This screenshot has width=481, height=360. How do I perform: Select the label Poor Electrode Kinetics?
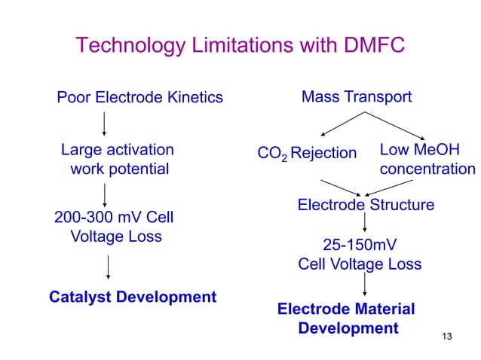point(140,97)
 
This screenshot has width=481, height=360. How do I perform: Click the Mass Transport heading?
point(357,97)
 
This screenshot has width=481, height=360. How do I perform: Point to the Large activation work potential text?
point(118,159)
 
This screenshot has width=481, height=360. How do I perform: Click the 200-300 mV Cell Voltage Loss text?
point(115,227)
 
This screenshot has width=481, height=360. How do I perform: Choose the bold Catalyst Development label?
point(133,296)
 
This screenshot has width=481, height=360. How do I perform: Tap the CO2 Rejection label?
point(307,154)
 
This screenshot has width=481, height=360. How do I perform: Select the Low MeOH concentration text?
point(427,159)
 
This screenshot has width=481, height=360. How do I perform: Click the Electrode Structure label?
point(366,205)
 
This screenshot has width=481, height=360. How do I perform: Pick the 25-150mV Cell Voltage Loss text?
point(360,255)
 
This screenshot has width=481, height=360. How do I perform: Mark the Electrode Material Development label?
point(347,319)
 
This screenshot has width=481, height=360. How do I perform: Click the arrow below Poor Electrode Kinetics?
point(103,122)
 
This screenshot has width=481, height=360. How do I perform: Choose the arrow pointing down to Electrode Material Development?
point(366,285)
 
